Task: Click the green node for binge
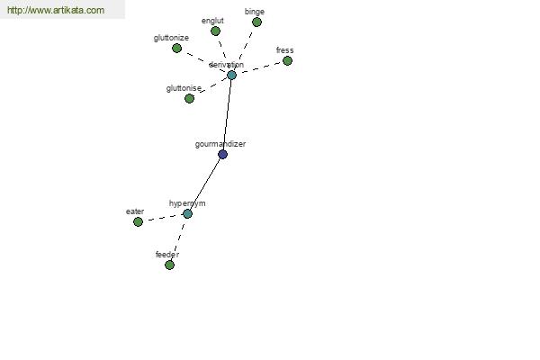(256, 22)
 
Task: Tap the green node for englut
(215, 31)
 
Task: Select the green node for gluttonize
(176, 49)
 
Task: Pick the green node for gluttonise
(189, 98)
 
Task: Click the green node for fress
(287, 61)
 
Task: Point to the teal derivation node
(231, 75)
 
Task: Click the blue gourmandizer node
(223, 154)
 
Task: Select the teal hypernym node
(187, 214)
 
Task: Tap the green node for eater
(138, 222)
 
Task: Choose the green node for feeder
(169, 265)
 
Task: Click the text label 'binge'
(255, 12)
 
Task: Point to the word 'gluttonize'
(171, 38)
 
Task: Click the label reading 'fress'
(284, 50)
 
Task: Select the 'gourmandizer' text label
(220, 144)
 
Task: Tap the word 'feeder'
(167, 255)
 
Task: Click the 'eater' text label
(135, 211)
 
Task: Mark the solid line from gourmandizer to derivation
(228, 114)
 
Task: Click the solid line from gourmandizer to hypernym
(205, 184)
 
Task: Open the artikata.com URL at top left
(56, 10)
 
